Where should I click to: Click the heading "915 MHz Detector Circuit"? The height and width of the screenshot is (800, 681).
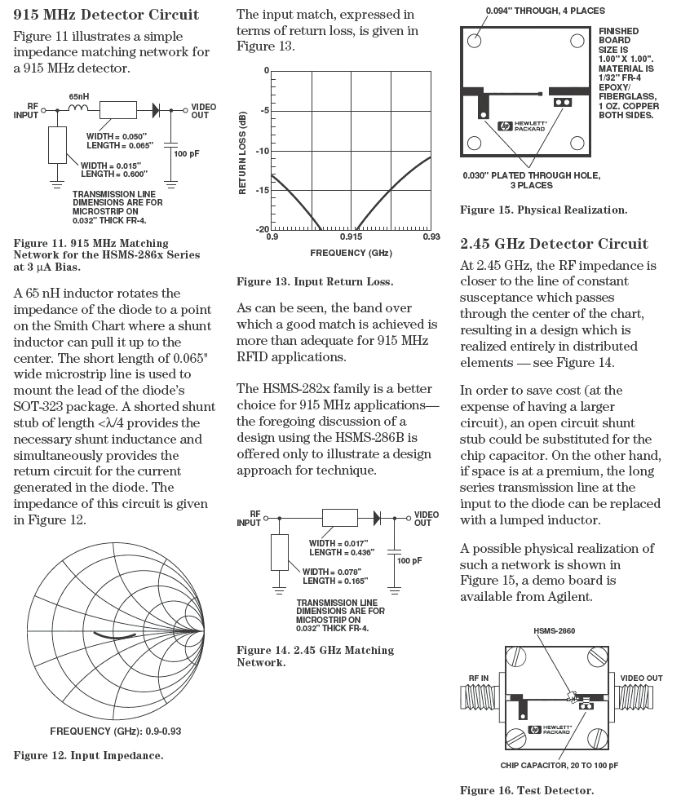coord(107,15)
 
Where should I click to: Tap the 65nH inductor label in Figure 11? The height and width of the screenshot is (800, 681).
coord(79,95)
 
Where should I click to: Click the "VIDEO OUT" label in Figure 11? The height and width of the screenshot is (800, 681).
coord(203,110)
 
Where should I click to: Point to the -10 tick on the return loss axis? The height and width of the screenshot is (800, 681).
coord(263,151)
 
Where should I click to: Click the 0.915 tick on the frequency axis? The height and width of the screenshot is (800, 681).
coord(351,237)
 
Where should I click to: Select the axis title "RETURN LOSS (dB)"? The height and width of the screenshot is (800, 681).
coord(243,151)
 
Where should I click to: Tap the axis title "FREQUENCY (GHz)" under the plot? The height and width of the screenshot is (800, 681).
coord(351,253)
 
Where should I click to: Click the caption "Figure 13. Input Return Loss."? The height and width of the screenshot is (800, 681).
coord(315,281)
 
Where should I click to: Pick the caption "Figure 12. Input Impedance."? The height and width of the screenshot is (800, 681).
coord(88,755)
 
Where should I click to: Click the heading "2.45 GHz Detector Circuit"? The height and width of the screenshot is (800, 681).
coord(554,244)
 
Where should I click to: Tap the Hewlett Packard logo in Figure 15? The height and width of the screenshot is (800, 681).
coord(527,126)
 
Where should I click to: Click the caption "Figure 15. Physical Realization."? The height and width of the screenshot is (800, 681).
coord(544,210)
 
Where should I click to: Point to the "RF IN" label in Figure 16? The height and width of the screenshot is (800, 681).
coord(480,678)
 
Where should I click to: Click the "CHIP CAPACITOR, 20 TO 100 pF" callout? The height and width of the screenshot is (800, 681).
coord(559,766)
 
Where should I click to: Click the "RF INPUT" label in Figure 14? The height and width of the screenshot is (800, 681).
coord(249,519)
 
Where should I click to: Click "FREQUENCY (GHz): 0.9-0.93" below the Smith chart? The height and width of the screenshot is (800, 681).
coord(115,730)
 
